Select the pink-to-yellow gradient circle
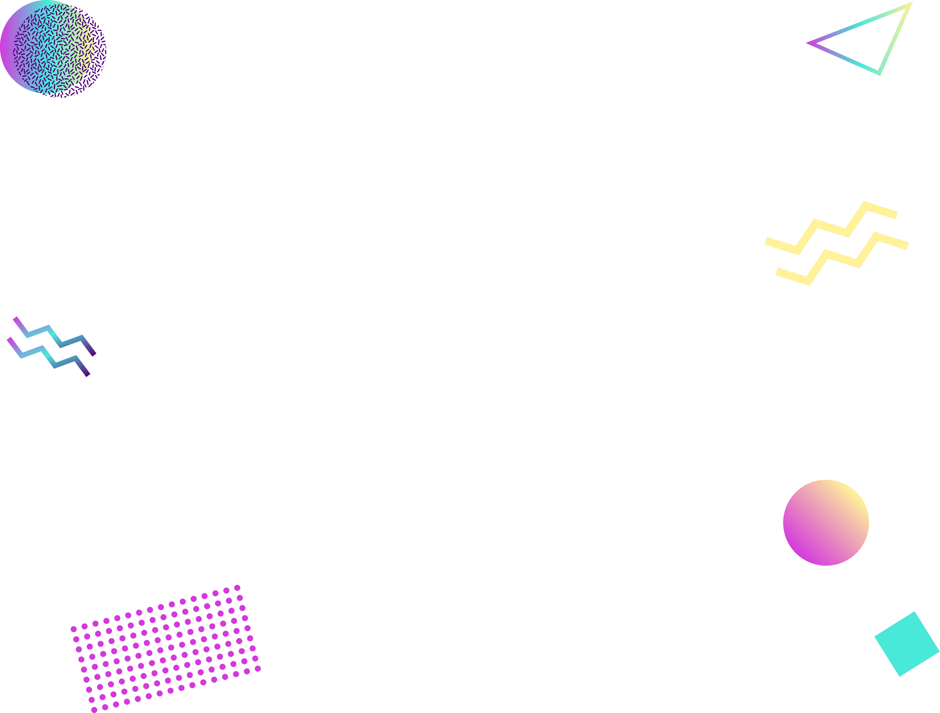826,523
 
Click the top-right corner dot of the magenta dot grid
237,588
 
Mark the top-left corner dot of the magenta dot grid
74,629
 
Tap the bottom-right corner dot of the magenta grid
258,669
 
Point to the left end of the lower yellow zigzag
778,272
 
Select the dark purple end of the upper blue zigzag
93,353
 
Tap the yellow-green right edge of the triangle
895,39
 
